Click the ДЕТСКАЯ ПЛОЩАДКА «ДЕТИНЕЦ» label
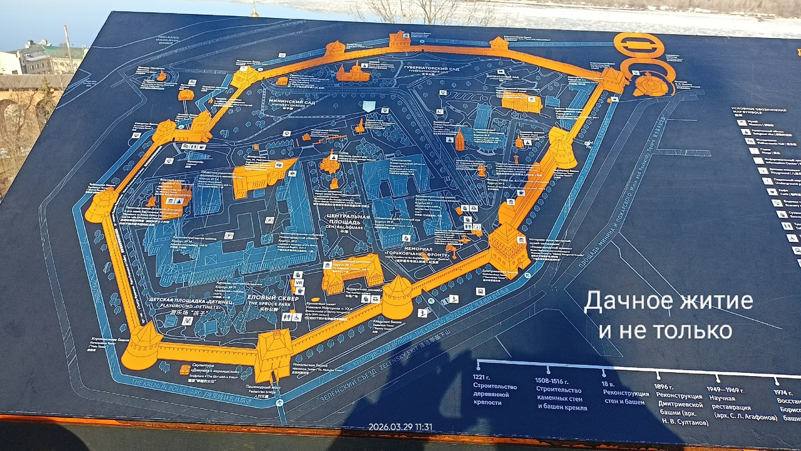[190, 302]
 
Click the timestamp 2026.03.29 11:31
[400, 427]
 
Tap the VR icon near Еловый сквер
[298, 283]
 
